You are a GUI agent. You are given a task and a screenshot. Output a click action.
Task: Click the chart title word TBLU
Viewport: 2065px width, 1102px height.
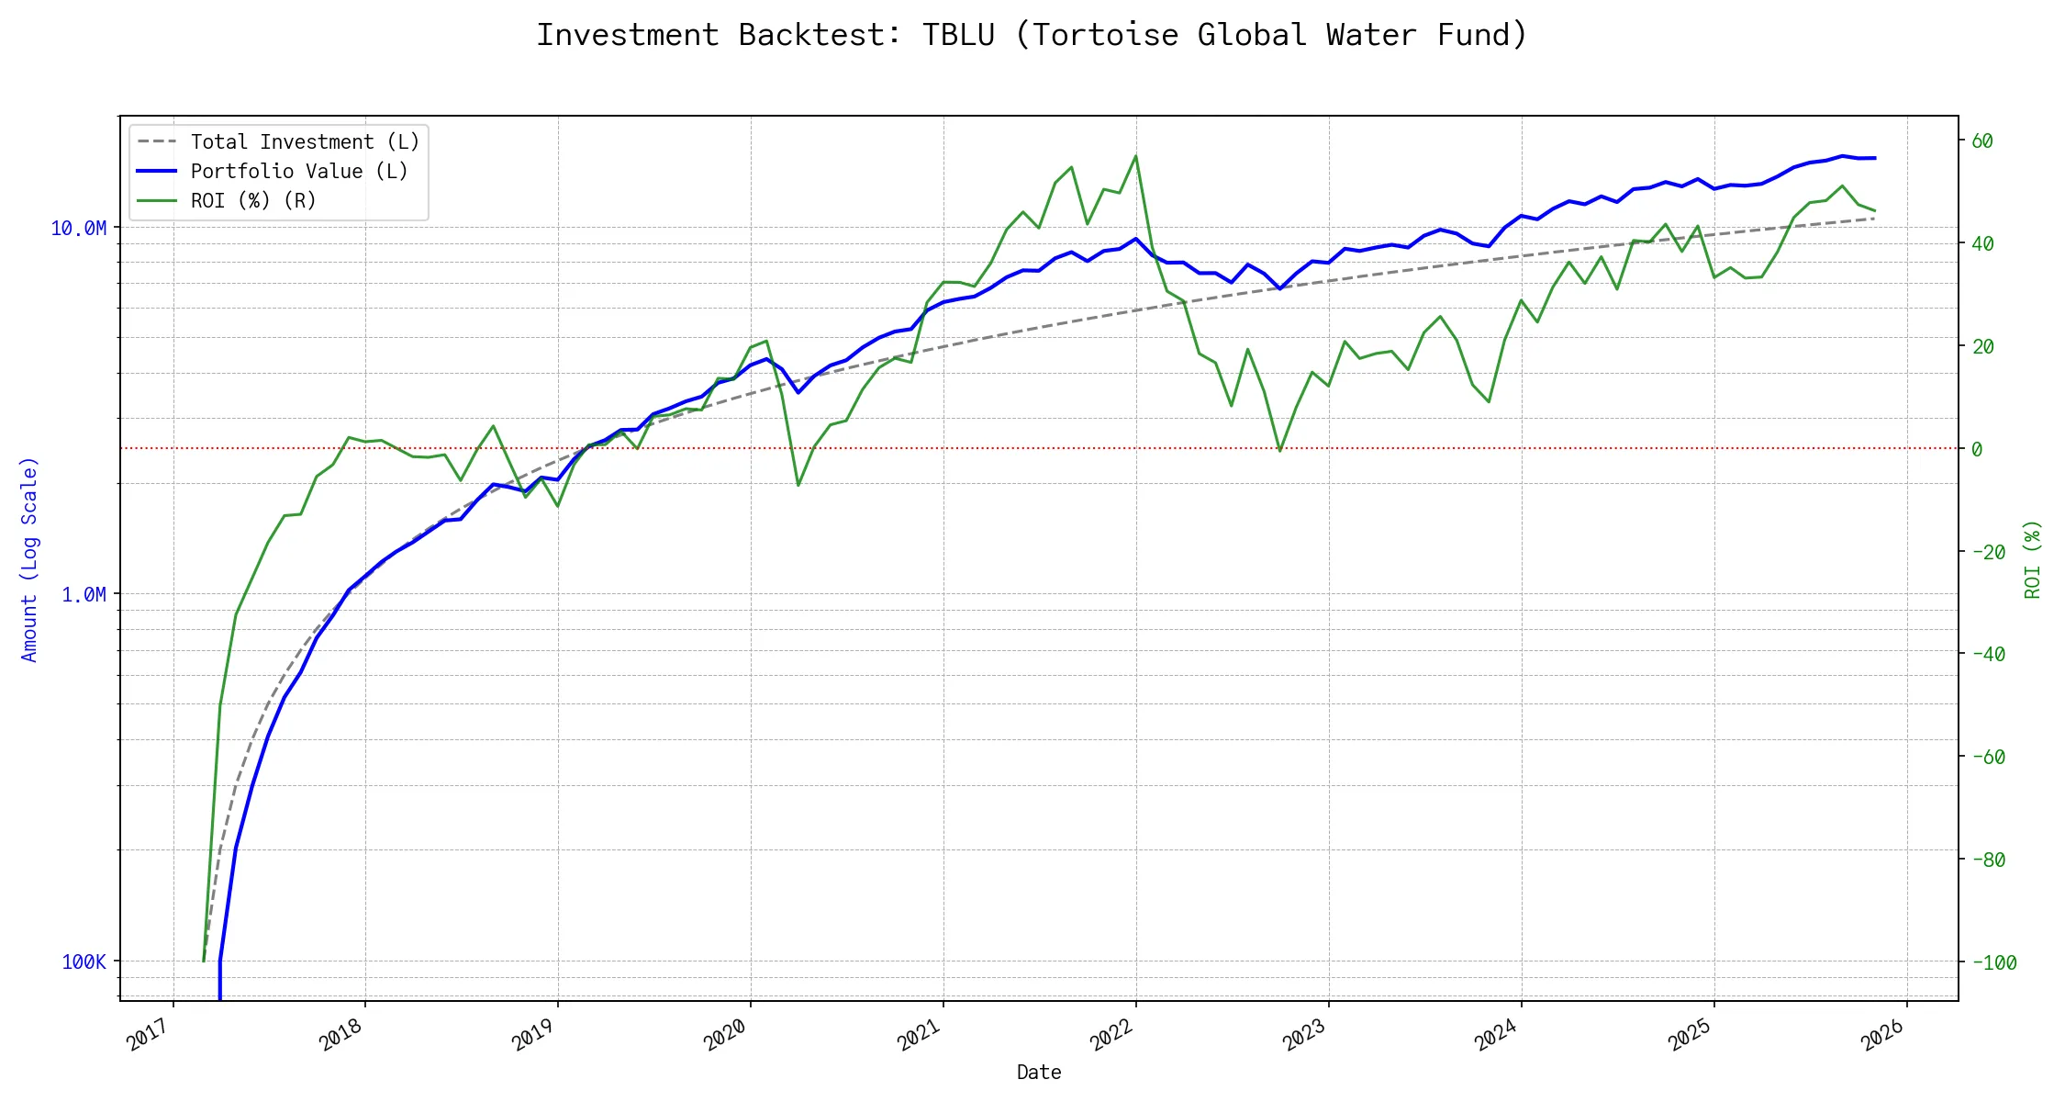(x=958, y=35)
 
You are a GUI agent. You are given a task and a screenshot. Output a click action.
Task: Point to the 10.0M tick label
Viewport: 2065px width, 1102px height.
(x=78, y=228)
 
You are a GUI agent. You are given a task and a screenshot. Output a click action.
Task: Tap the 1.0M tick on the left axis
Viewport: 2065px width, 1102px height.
(x=84, y=595)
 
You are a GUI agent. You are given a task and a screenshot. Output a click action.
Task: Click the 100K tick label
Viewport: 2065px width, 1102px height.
(x=84, y=962)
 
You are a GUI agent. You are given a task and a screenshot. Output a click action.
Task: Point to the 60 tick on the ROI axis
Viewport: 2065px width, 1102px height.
(x=1982, y=141)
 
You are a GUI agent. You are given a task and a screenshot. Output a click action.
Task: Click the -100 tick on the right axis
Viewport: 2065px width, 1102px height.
(x=1993, y=963)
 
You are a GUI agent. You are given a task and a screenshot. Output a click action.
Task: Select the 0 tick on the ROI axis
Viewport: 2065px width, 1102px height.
(x=1977, y=450)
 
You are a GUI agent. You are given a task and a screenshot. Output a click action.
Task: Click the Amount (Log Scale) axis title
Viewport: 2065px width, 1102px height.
(x=29, y=559)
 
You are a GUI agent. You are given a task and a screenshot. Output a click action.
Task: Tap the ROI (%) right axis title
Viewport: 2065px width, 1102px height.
(x=2033, y=559)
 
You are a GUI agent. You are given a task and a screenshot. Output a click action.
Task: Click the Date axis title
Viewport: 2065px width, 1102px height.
(x=1039, y=1073)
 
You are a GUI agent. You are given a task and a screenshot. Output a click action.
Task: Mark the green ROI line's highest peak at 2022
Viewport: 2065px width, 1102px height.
(x=1135, y=156)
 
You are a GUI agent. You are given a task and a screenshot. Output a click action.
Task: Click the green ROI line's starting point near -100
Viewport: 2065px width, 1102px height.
(x=204, y=961)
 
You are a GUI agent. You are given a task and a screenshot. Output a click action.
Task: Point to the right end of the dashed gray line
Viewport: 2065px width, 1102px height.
(x=1874, y=219)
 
